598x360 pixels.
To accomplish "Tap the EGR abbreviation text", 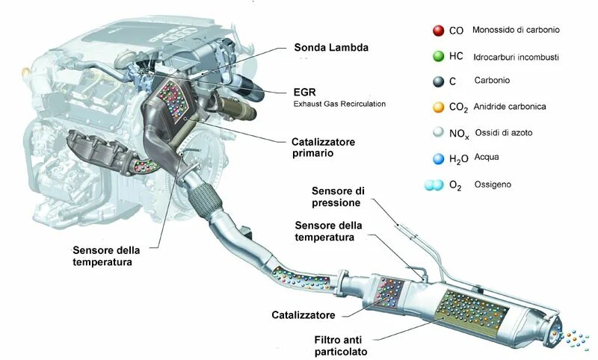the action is (304, 92).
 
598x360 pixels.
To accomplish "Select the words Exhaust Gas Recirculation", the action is (339, 104).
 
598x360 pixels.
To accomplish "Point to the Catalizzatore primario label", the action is (323, 146).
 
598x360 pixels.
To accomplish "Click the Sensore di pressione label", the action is (337, 196).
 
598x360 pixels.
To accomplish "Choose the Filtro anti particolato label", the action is (341, 345).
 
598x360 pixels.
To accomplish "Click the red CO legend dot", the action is (437, 31).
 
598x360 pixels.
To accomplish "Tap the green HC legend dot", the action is (437, 56).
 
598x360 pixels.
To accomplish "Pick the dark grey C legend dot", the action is (437, 81).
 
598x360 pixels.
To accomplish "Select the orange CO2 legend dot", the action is (437, 107).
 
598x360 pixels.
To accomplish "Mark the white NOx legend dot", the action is (437, 132).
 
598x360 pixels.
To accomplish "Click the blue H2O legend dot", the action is (437, 158).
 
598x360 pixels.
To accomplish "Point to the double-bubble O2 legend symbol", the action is (433, 184).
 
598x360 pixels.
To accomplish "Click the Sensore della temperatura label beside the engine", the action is (105, 256).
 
